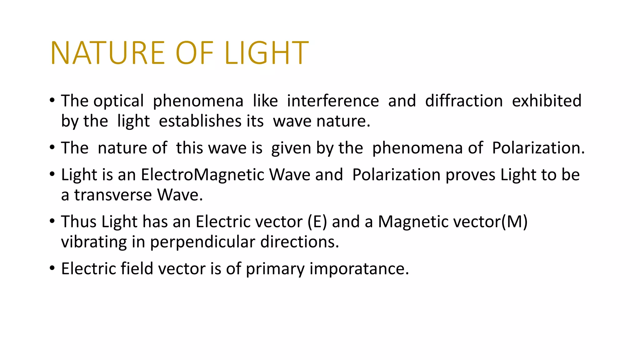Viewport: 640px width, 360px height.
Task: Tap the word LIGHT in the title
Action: click(267, 53)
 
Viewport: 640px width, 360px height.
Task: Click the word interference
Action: click(333, 101)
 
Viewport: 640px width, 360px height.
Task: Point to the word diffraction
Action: click(464, 101)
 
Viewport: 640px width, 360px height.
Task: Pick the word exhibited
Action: click(547, 101)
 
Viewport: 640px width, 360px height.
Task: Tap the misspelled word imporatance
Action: click(359, 269)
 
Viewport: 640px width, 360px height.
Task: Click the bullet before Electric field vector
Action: click(52, 268)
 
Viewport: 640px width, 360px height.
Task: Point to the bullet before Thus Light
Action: click(52, 221)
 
